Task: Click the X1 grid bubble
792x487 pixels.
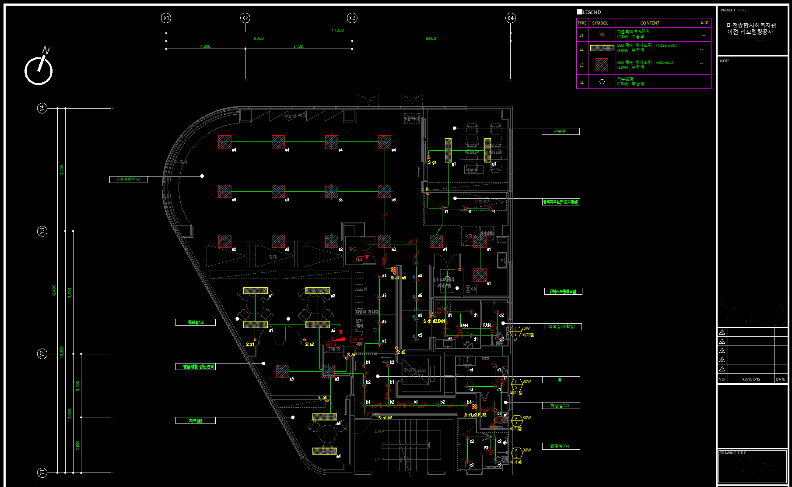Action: click(x=166, y=18)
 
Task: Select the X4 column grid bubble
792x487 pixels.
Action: click(x=510, y=18)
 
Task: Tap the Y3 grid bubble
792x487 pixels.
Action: click(x=42, y=231)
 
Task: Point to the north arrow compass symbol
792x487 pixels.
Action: click(x=39, y=68)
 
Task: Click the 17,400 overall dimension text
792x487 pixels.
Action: click(x=337, y=31)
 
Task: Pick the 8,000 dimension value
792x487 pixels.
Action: click(x=431, y=39)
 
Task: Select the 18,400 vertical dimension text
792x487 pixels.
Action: click(x=54, y=290)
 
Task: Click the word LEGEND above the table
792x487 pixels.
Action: click(x=592, y=12)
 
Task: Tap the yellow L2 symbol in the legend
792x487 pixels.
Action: click(x=602, y=48)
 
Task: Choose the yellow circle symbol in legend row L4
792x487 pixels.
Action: click(x=602, y=82)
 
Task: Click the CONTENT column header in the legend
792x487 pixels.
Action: click(x=649, y=23)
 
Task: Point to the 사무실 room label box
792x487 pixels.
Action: click(x=560, y=131)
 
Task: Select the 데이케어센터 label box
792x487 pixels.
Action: click(x=128, y=180)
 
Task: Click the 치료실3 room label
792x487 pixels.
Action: click(x=195, y=420)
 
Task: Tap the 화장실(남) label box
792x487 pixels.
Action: click(x=561, y=406)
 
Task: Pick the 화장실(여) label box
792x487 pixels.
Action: click(x=561, y=446)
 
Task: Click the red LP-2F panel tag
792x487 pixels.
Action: click(x=358, y=339)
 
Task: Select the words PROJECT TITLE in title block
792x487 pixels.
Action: click(x=733, y=10)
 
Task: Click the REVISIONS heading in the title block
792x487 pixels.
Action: click(x=751, y=379)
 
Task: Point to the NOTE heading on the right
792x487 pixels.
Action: click(x=725, y=61)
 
